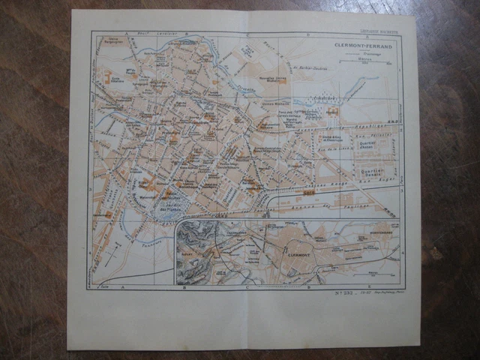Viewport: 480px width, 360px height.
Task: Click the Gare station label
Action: tap(309, 193)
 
